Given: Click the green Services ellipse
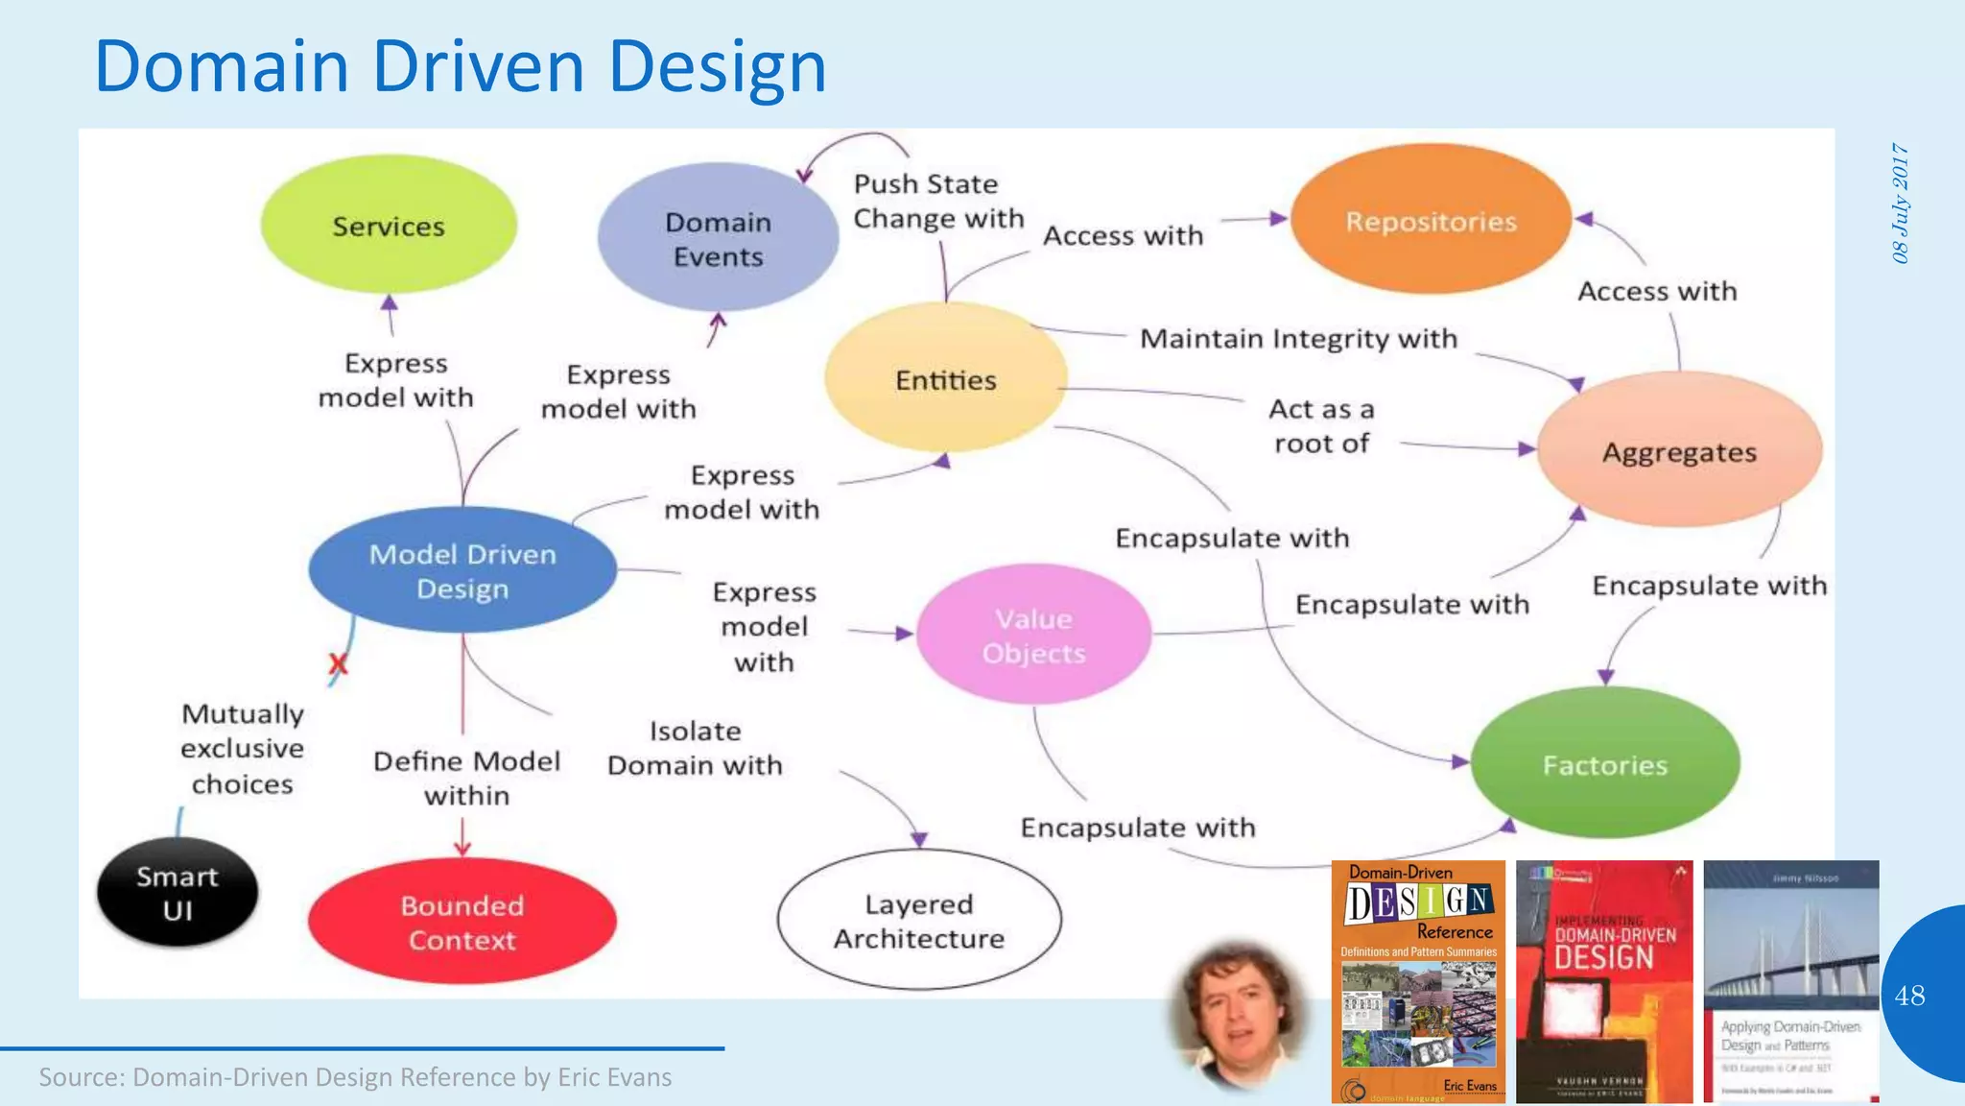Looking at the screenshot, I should pos(389,226).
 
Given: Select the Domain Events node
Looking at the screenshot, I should pos(718,238).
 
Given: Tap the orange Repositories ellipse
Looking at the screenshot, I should pos(1431,221).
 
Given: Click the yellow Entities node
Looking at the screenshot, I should pos(945,379).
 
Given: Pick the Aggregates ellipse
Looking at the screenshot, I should pos(1679,451).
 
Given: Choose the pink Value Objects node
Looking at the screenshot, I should pos(1033,635).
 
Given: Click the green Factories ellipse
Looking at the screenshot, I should pos(1604,764).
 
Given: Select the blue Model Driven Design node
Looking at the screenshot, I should pos(462,570).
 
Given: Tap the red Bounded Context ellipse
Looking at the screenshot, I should pos(462,922).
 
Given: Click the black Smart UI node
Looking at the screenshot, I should pos(178,892).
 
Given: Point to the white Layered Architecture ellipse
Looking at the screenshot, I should pos(918,920).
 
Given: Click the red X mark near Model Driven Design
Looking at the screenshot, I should pos(338,663).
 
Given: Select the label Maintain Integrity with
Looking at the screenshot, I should pos(1298,338).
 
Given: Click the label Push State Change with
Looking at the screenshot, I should pos(937,201).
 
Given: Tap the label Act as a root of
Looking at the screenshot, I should pos(1321,425).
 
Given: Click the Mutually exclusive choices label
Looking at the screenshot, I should pos(242,748).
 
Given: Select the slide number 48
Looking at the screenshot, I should pos(1909,995).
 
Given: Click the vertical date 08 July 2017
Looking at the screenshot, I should pos(1900,203).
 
